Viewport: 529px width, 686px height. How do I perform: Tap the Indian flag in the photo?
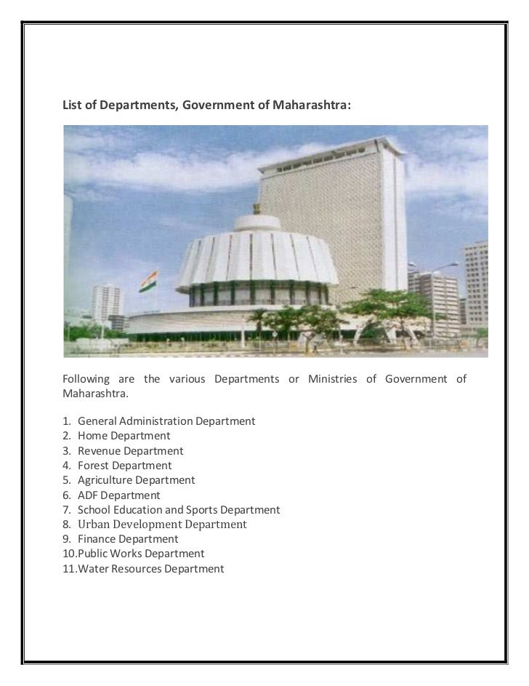(150, 281)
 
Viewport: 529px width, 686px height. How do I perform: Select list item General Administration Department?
(166, 421)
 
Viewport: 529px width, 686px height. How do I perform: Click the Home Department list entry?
(124, 436)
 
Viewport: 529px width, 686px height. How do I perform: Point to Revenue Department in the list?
(130, 451)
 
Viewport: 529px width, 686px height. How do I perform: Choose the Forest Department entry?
(124, 466)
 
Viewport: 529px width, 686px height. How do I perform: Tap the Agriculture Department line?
(136, 480)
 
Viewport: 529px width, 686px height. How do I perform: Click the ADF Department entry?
(118, 495)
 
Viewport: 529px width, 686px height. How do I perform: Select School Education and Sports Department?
(178, 510)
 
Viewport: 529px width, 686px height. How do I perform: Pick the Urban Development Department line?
(162, 525)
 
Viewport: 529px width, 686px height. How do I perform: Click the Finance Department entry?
(127, 539)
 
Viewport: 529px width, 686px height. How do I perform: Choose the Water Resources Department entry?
(150, 569)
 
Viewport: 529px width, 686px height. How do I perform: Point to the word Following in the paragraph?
(86, 379)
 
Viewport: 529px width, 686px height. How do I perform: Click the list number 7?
(66, 510)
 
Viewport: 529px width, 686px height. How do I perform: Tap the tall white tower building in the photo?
(334, 218)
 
